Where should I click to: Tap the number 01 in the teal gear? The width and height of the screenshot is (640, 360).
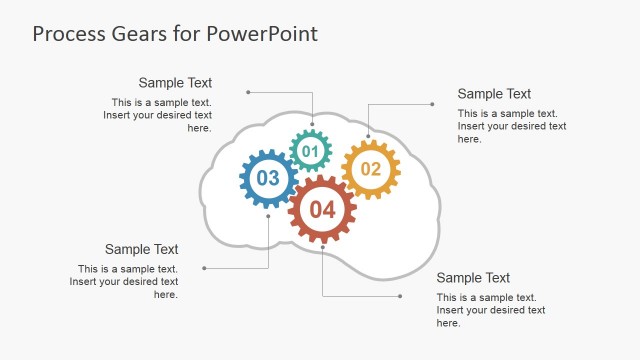(310, 152)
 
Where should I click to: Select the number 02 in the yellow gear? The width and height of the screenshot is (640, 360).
(371, 169)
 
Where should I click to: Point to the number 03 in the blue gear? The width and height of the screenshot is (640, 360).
(268, 179)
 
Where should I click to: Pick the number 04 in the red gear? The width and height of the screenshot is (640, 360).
(322, 210)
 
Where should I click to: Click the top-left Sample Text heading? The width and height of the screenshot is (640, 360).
(175, 83)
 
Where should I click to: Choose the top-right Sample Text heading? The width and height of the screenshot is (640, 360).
(494, 94)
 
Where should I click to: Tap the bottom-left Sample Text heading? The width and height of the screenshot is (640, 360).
(141, 249)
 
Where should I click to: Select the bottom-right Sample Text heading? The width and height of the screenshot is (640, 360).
(473, 278)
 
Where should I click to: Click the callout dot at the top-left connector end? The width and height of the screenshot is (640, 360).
(246, 93)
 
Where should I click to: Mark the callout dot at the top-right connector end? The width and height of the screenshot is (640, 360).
(432, 103)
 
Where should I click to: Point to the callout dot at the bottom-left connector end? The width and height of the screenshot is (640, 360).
(204, 268)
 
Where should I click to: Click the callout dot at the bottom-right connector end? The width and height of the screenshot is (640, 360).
(400, 296)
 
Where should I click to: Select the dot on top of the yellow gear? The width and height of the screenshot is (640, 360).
(368, 136)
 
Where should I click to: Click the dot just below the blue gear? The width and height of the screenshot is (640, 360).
(268, 216)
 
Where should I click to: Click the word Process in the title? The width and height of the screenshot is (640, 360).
(66, 34)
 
